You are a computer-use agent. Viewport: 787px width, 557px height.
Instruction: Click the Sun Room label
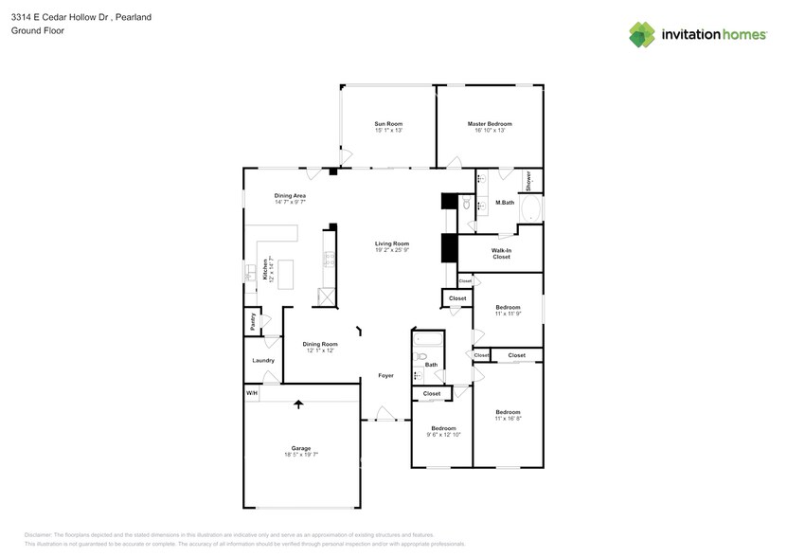click(388, 124)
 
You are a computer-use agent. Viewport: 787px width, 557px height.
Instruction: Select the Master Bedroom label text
click(489, 124)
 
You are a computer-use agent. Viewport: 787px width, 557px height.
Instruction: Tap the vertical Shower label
click(528, 180)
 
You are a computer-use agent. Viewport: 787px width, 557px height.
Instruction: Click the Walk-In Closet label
click(501, 253)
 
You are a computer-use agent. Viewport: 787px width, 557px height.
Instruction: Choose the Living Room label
click(391, 243)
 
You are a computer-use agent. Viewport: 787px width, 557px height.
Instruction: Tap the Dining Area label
click(290, 195)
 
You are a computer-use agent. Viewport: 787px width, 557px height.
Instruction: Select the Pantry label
click(253, 322)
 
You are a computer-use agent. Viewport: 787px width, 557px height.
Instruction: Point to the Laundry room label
click(263, 360)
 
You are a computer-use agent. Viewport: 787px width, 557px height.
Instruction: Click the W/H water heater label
click(252, 393)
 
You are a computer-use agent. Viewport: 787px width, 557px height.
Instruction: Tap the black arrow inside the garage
click(299, 404)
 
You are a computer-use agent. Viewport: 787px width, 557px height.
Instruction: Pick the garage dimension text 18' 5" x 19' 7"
click(301, 455)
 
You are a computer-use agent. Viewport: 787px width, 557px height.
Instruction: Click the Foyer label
click(385, 375)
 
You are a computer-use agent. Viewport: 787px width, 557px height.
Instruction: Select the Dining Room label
click(320, 344)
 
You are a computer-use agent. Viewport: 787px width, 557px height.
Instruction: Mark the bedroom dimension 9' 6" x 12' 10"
click(443, 435)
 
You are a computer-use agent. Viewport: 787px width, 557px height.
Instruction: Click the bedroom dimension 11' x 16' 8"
click(508, 418)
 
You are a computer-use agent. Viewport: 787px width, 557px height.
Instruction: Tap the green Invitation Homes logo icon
click(643, 34)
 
